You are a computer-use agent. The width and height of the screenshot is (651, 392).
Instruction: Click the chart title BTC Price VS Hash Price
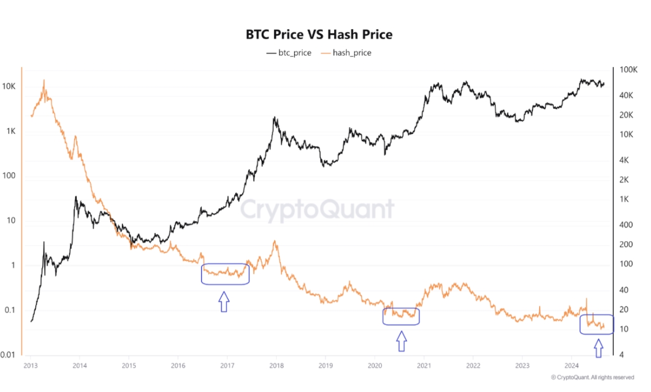(319, 34)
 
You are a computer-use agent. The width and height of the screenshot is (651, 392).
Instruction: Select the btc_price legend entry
(289, 53)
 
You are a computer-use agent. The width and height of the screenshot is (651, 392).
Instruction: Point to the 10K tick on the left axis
(11, 87)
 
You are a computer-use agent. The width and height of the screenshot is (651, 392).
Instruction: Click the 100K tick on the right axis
(628, 70)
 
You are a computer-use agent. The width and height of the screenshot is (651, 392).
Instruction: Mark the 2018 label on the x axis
(276, 365)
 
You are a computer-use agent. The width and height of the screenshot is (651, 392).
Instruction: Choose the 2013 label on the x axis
(30, 365)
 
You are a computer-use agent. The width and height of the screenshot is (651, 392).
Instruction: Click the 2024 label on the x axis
(571, 365)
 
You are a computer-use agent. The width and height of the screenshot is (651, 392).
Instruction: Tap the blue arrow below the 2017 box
(224, 301)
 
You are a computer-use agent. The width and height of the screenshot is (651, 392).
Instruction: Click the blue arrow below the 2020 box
(401, 341)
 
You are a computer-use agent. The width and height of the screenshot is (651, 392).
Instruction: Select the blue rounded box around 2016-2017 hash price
(225, 274)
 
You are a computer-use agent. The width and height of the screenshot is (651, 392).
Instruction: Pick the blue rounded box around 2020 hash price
(401, 316)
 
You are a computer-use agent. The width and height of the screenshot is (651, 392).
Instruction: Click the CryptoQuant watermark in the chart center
(317, 210)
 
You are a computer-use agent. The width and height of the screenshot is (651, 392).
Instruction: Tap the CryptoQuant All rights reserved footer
(593, 377)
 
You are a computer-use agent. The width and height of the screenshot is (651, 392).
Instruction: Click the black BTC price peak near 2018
(274, 118)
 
